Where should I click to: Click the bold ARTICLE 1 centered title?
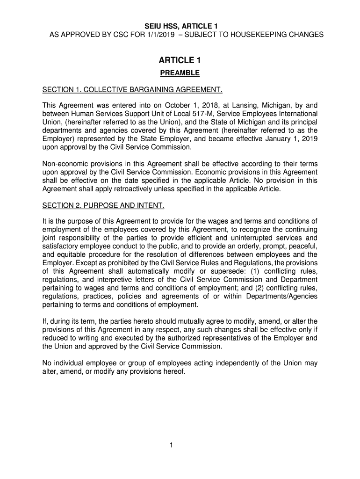[x=180, y=60]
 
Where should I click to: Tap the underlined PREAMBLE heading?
[x=180, y=73]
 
